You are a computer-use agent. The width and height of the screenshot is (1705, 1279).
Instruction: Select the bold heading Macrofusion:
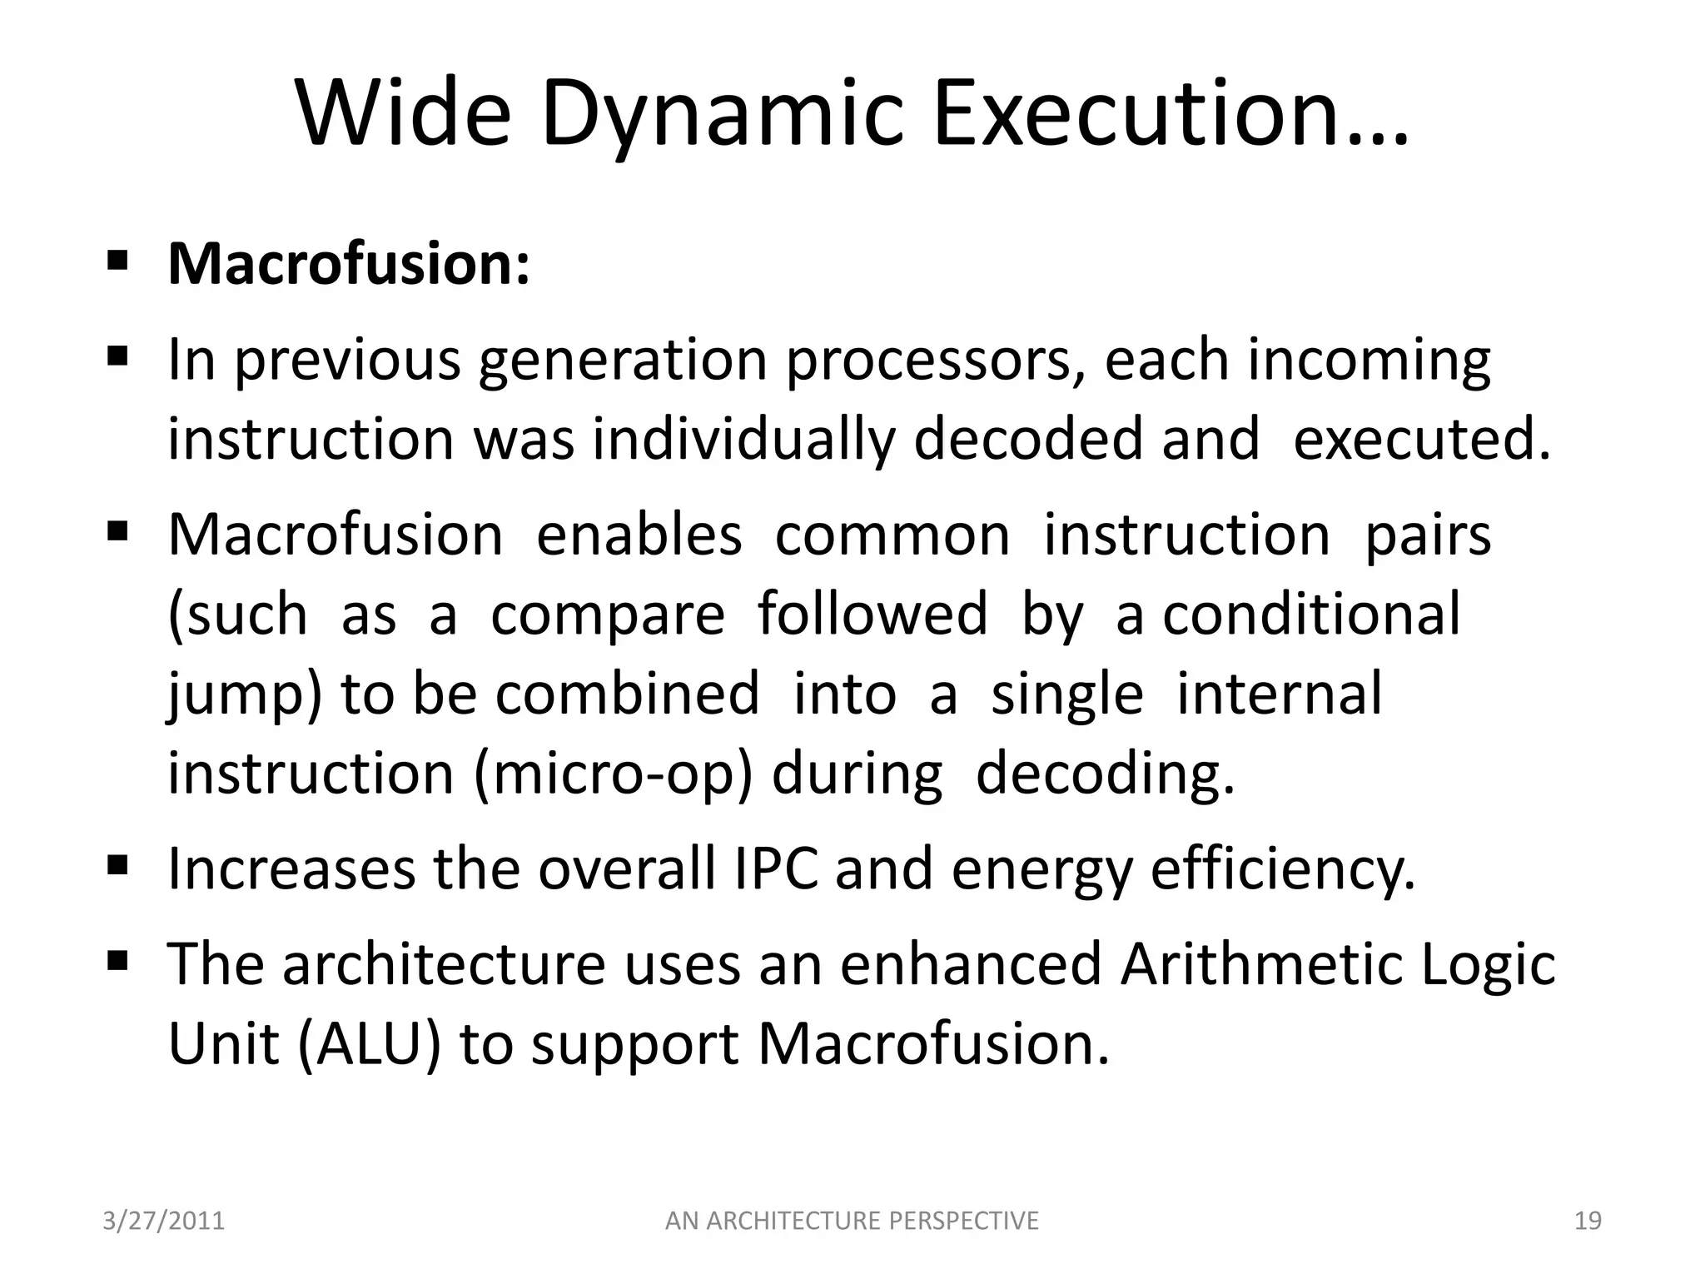[x=349, y=264]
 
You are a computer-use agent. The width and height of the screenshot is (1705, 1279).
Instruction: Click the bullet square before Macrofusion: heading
[x=117, y=261]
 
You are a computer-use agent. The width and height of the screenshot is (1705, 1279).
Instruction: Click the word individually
[x=743, y=440]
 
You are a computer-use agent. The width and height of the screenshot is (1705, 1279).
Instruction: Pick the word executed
[x=1422, y=440]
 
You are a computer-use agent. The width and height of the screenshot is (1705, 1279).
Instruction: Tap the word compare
[x=608, y=615]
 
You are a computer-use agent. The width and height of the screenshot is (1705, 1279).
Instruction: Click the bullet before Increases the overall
[x=117, y=866]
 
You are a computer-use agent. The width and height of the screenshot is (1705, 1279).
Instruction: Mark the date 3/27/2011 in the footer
[x=163, y=1221]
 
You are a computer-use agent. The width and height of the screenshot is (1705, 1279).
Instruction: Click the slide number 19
[x=1588, y=1221]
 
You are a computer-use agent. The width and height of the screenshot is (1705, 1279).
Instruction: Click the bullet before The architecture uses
[x=117, y=961]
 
